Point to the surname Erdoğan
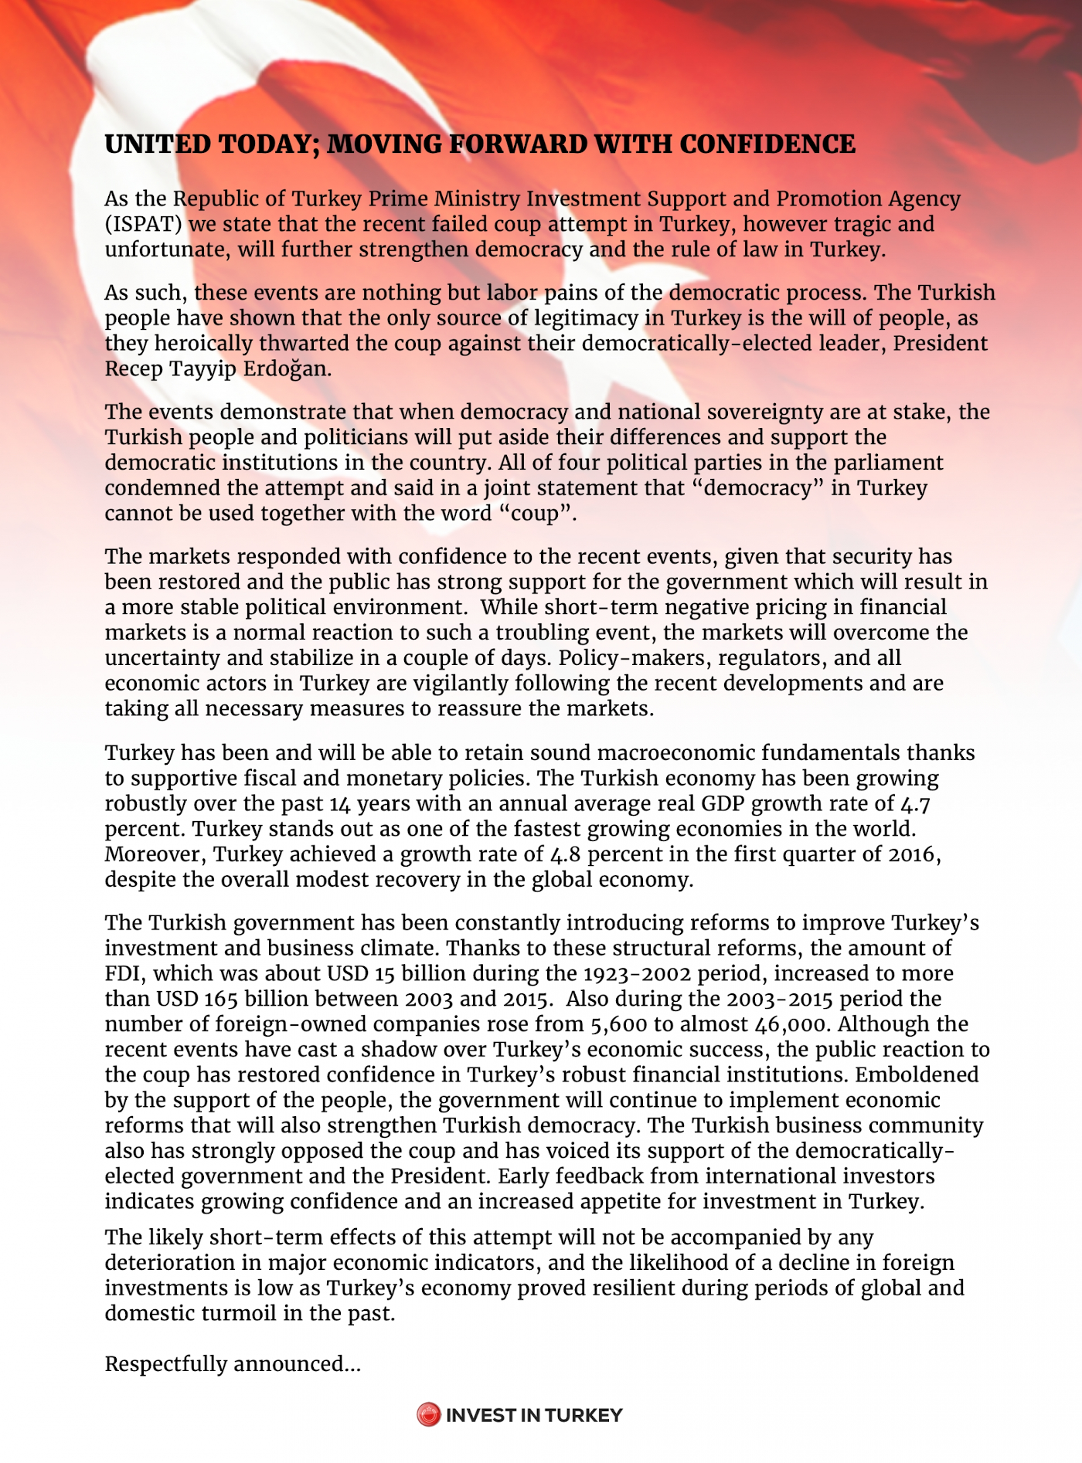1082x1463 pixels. point(288,368)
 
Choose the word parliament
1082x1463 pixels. point(888,463)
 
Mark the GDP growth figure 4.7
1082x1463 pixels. point(915,803)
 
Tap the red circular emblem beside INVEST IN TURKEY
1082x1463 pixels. point(428,1415)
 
